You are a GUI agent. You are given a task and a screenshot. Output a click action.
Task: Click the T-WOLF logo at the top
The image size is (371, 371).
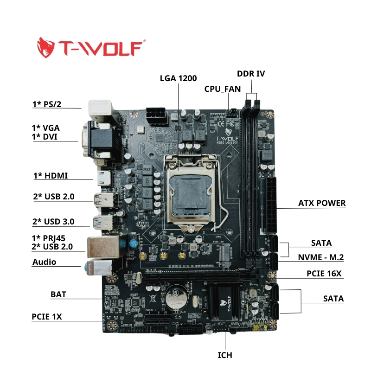(x=91, y=47)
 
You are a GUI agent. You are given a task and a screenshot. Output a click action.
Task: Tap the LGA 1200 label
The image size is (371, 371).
(x=178, y=78)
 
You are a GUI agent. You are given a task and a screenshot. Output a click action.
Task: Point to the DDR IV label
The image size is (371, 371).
(x=251, y=74)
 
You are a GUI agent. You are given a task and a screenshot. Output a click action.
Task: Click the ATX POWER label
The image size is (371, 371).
(x=322, y=203)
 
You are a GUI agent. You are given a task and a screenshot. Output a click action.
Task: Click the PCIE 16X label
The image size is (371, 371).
(x=324, y=274)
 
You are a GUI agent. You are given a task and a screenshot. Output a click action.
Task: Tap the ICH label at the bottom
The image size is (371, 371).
(x=225, y=355)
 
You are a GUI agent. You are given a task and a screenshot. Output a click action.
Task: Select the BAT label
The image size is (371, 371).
(x=58, y=295)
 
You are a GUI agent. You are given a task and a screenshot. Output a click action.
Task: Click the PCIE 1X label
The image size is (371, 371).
(x=47, y=317)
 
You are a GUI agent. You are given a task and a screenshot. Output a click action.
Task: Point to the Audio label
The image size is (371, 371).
(x=44, y=262)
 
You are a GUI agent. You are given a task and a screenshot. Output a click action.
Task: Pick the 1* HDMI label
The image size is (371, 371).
(x=51, y=175)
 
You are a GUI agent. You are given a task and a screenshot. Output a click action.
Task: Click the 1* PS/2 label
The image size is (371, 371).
(x=47, y=104)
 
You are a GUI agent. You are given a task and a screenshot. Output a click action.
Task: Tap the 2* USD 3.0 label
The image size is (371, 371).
(x=54, y=221)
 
